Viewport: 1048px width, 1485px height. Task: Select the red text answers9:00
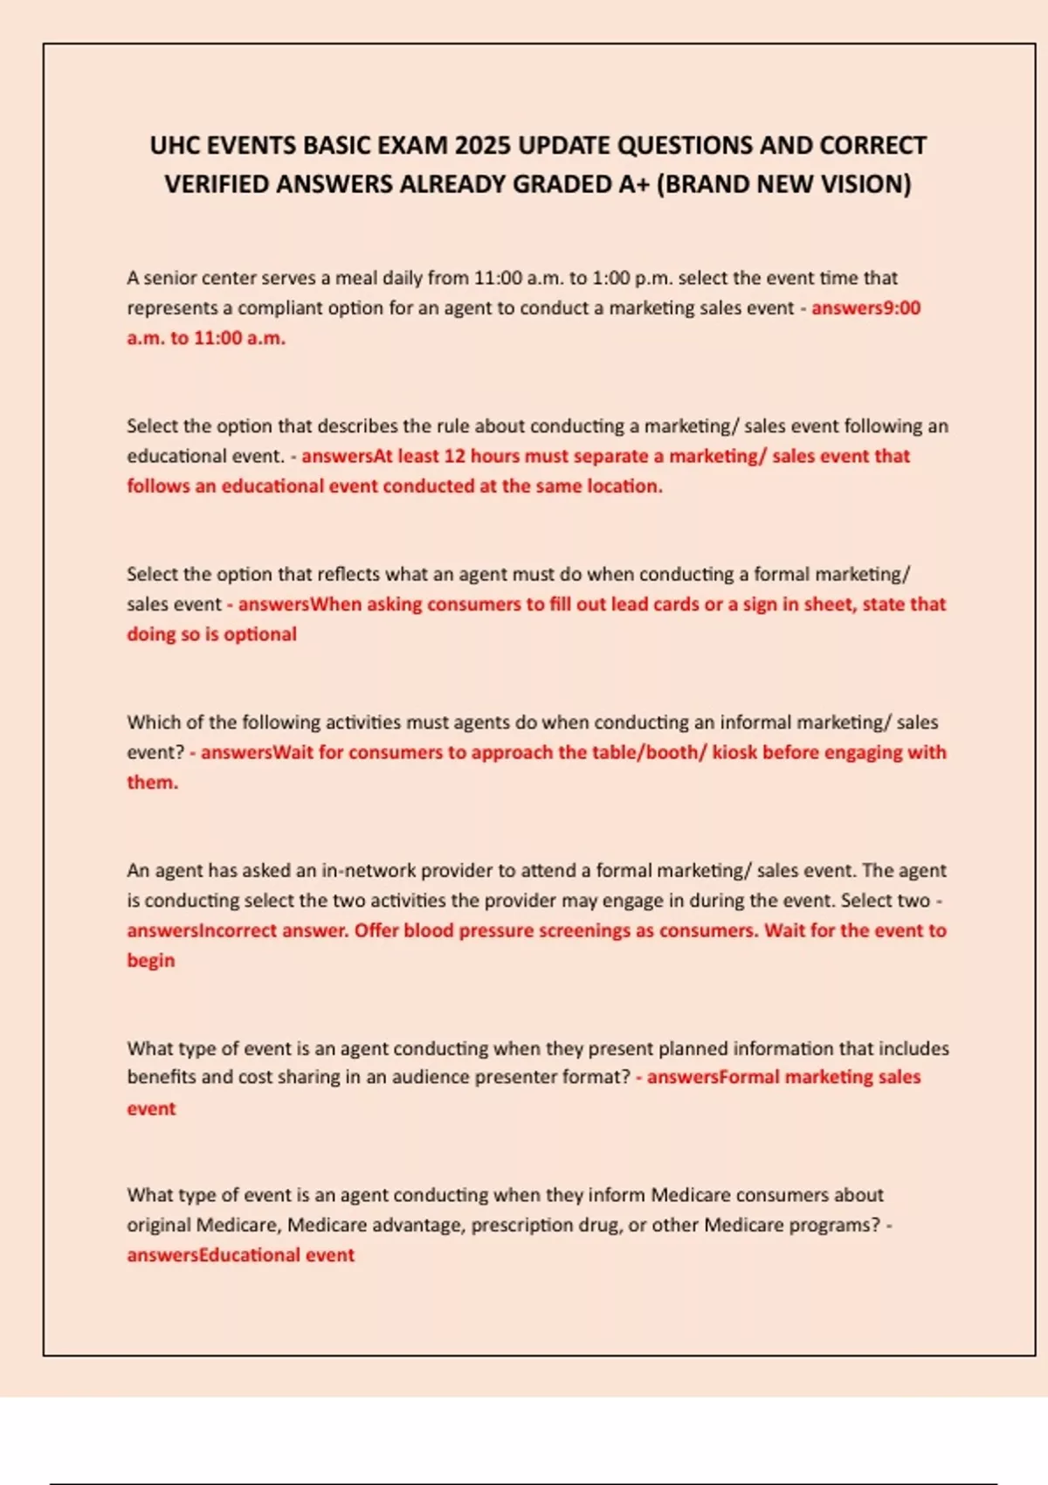point(865,307)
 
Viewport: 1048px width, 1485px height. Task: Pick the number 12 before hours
point(454,456)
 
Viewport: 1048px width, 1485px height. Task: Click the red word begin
point(150,960)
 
